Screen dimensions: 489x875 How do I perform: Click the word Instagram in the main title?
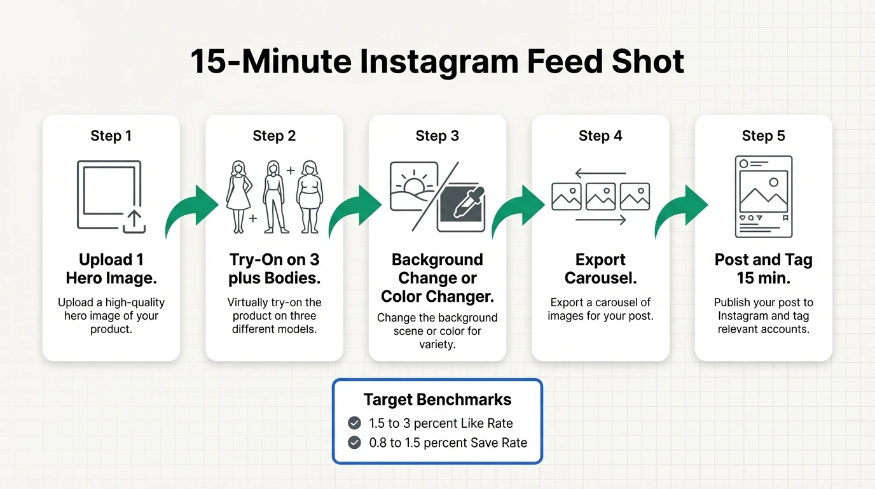click(x=438, y=62)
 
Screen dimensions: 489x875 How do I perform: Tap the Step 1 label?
click(x=111, y=136)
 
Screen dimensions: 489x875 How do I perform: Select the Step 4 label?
click(x=600, y=136)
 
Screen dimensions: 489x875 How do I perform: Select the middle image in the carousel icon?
click(x=600, y=196)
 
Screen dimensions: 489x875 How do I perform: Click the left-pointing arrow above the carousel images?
click(x=600, y=173)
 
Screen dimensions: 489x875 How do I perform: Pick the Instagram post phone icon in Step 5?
click(x=763, y=197)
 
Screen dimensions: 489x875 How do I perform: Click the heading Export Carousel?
click(x=600, y=269)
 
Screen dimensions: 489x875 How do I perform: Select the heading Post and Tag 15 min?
click(x=763, y=269)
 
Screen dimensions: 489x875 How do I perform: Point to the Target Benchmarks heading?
click(x=437, y=399)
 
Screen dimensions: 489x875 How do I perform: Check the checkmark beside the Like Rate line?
click(x=355, y=423)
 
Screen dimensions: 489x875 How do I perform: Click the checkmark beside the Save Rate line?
click(x=355, y=443)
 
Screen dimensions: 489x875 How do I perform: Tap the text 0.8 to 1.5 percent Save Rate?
click(x=448, y=443)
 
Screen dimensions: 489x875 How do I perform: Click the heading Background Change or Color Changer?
click(x=437, y=278)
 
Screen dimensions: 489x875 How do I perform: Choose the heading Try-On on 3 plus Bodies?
click(x=274, y=269)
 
